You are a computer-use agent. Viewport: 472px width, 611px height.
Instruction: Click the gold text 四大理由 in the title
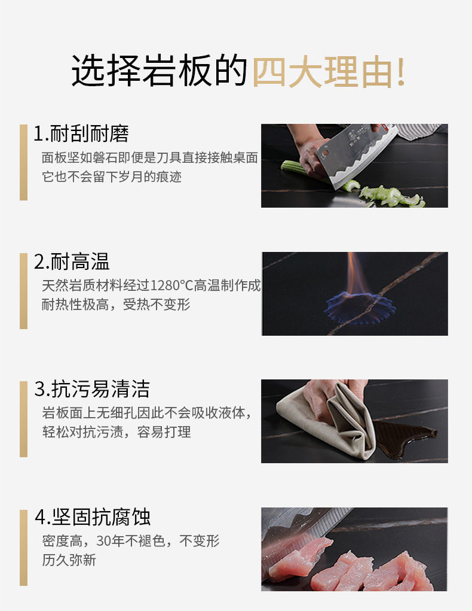point(322,72)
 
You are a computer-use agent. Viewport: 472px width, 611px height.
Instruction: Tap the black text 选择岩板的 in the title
point(160,71)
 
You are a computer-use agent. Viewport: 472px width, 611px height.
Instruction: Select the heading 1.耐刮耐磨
point(81,133)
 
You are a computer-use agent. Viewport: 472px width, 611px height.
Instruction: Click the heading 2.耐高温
point(72,262)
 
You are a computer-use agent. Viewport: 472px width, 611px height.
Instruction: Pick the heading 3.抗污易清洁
point(92,389)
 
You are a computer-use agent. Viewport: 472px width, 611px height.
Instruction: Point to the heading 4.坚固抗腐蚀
point(93,517)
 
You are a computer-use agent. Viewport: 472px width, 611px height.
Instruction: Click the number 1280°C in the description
point(171,285)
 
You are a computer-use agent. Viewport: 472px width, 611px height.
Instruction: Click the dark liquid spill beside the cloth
point(403,436)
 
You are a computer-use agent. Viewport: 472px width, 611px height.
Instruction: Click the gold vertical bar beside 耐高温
point(23,291)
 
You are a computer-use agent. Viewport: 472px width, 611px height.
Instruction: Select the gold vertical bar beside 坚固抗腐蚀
point(23,548)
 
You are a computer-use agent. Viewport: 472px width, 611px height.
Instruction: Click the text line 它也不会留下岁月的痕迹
point(112,177)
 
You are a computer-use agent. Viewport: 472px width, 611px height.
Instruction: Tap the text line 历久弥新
point(69,560)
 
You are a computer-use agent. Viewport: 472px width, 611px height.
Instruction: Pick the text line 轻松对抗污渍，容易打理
point(117,431)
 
